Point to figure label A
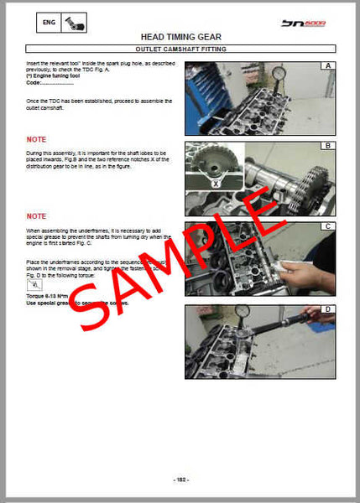point(329,65)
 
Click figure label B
point(329,146)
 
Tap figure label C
point(329,226)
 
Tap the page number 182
point(180,480)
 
